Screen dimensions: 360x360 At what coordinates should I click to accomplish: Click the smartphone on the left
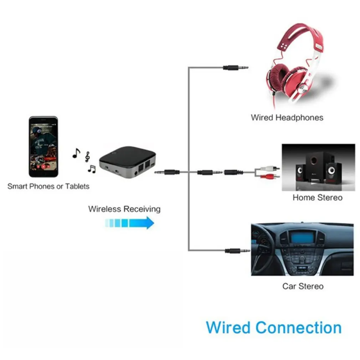tap(43, 146)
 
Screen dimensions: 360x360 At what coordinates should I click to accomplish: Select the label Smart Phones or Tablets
tap(48, 186)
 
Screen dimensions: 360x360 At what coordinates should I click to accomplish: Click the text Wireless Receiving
tap(124, 209)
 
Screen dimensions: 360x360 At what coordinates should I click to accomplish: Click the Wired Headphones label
tap(287, 118)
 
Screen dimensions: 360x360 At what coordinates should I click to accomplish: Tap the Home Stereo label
tap(317, 197)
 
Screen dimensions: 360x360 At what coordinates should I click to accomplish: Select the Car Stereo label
tap(303, 286)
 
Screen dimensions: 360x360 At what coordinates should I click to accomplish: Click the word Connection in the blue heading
tap(299, 327)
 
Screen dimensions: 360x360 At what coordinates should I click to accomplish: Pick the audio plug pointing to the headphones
tap(235, 67)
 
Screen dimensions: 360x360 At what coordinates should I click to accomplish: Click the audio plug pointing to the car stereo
tap(237, 251)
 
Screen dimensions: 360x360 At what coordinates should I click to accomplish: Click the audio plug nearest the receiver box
tap(167, 172)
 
